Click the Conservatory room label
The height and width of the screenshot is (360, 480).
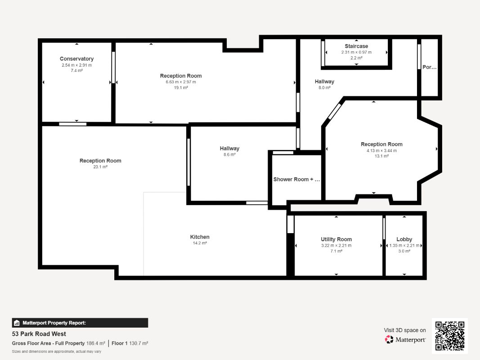coord(76,59)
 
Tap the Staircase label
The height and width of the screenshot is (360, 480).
coord(356,46)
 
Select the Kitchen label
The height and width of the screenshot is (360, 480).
coord(200,237)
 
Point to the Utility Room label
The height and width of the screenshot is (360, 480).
coord(336,239)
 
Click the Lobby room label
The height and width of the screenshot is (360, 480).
coord(404,239)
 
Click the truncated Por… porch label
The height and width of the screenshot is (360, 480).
coord(430,67)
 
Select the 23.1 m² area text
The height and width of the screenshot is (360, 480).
coord(100,167)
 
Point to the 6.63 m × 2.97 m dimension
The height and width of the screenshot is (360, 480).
coord(181,82)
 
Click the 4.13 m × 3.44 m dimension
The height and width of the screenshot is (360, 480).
coord(381,151)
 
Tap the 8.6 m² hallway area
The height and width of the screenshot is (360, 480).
coord(229,155)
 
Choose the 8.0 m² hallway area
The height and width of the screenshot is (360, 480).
coord(324,88)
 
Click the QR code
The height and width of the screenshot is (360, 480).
coord(450,336)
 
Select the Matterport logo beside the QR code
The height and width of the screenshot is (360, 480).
coord(405,339)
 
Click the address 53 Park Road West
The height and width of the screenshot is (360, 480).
coord(39,334)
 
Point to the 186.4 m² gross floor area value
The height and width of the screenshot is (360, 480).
coord(95,343)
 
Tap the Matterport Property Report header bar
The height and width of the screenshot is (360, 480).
coord(80,323)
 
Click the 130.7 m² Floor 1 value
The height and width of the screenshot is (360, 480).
coord(139,343)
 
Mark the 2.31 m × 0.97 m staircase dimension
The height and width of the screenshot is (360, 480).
coord(356,52)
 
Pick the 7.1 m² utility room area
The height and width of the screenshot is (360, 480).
coord(336,251)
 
